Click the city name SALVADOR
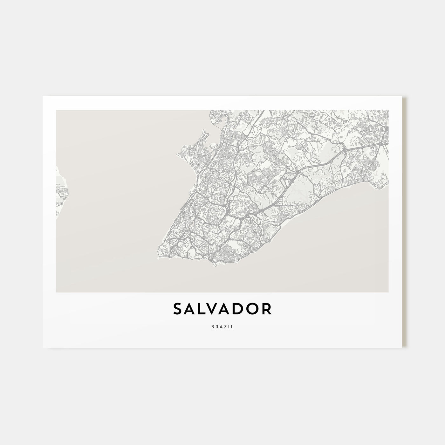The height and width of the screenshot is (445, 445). (222, 309)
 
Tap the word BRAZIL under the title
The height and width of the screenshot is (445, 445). (222, 327)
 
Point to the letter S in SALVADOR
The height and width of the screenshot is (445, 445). (178, 309)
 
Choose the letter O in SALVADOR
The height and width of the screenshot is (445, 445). (253, 309)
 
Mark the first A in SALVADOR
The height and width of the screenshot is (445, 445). (190, 309)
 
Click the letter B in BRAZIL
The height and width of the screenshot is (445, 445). (212, 327)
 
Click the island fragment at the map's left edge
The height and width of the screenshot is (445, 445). (61, 194)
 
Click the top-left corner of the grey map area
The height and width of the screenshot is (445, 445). (57, 111)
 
